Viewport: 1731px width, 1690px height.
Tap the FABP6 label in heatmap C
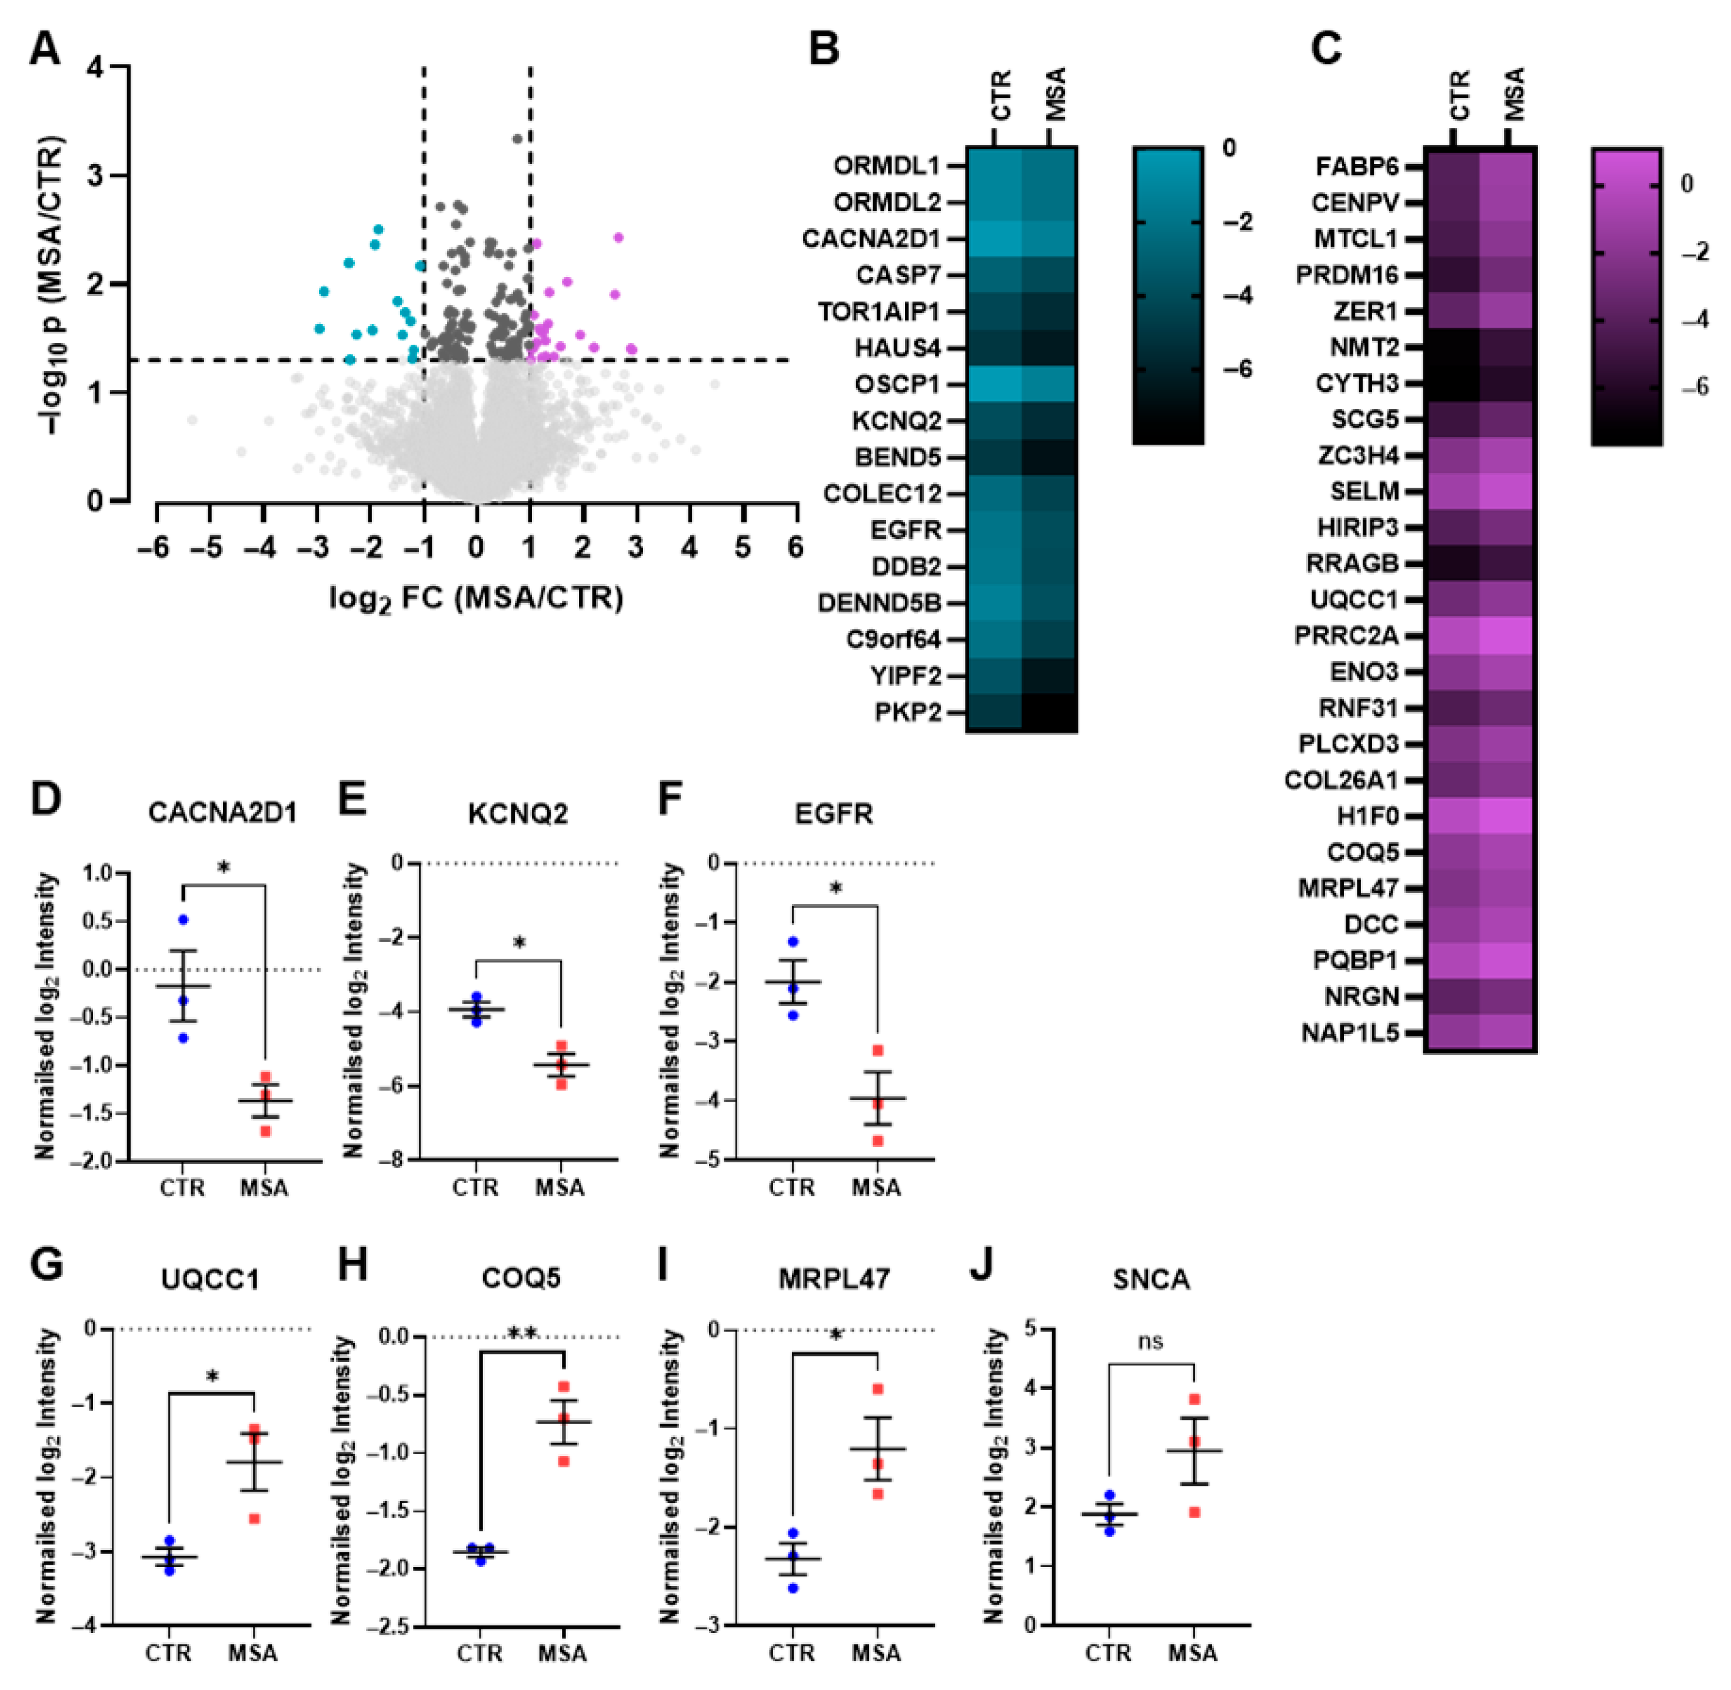(x=1356, y=167)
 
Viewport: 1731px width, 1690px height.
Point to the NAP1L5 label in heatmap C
(x=1349, y=1033)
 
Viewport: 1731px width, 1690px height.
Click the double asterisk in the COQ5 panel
(x=523, y=1333)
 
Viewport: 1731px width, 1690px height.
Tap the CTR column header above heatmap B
(x=1000, y=96)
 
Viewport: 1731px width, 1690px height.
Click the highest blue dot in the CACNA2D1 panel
(x=184, y=919)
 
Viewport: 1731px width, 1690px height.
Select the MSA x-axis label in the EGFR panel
(x=876, y=1188)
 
